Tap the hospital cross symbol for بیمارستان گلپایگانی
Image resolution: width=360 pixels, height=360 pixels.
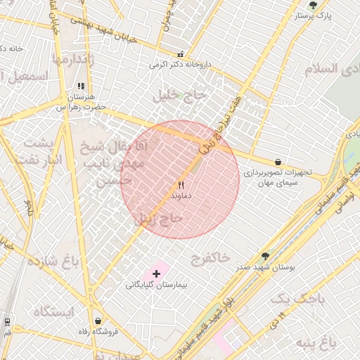[x=156, y=273]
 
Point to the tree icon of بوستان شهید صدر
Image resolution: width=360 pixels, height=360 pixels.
[x=265, y=256]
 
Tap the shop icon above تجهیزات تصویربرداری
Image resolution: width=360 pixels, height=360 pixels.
[x=278, y=162]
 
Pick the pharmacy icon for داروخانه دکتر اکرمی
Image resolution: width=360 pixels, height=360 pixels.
[x=181, y=54]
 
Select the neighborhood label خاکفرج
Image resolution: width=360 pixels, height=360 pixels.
[x=210, y=258]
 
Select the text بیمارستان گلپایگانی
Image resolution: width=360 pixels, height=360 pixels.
[x=155, y=285]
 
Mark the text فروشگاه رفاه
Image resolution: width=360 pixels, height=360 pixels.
[x=97, y=331]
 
